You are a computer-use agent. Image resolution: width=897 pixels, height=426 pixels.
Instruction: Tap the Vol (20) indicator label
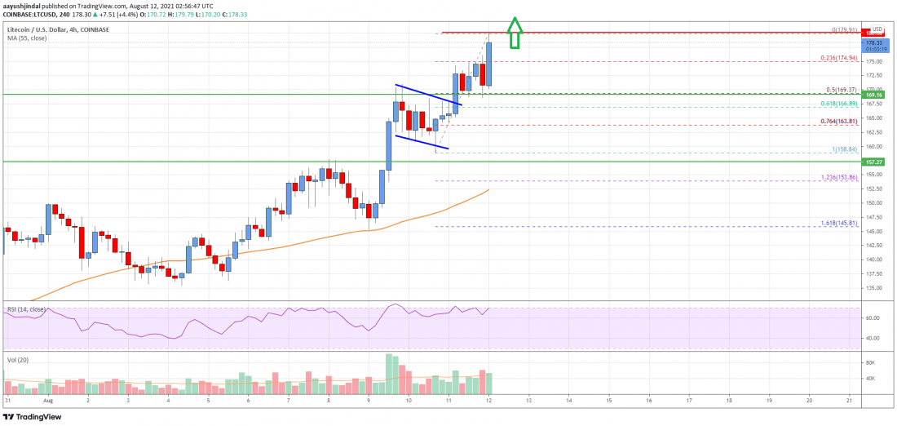click(x=17, y=360)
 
